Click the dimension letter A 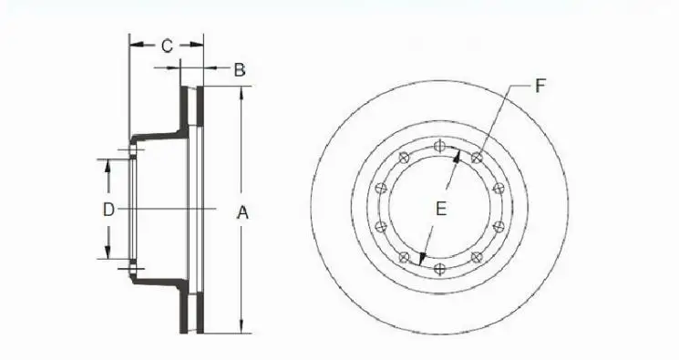[x=242, y=212]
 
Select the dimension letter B [x=239, y=69]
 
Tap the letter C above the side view [x=167, y=46]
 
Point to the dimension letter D [x=108, y=209]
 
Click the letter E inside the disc [x=440, y=209]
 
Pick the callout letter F [x=540, y=86]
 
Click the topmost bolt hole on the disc [x=440, y=145]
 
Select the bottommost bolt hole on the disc [x=440, y=268]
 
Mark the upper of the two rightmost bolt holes [x=498, y=189]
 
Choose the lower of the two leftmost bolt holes [x=381, y=226]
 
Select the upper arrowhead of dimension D [x=108, y=164]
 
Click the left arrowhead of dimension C [x=133, y=43]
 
